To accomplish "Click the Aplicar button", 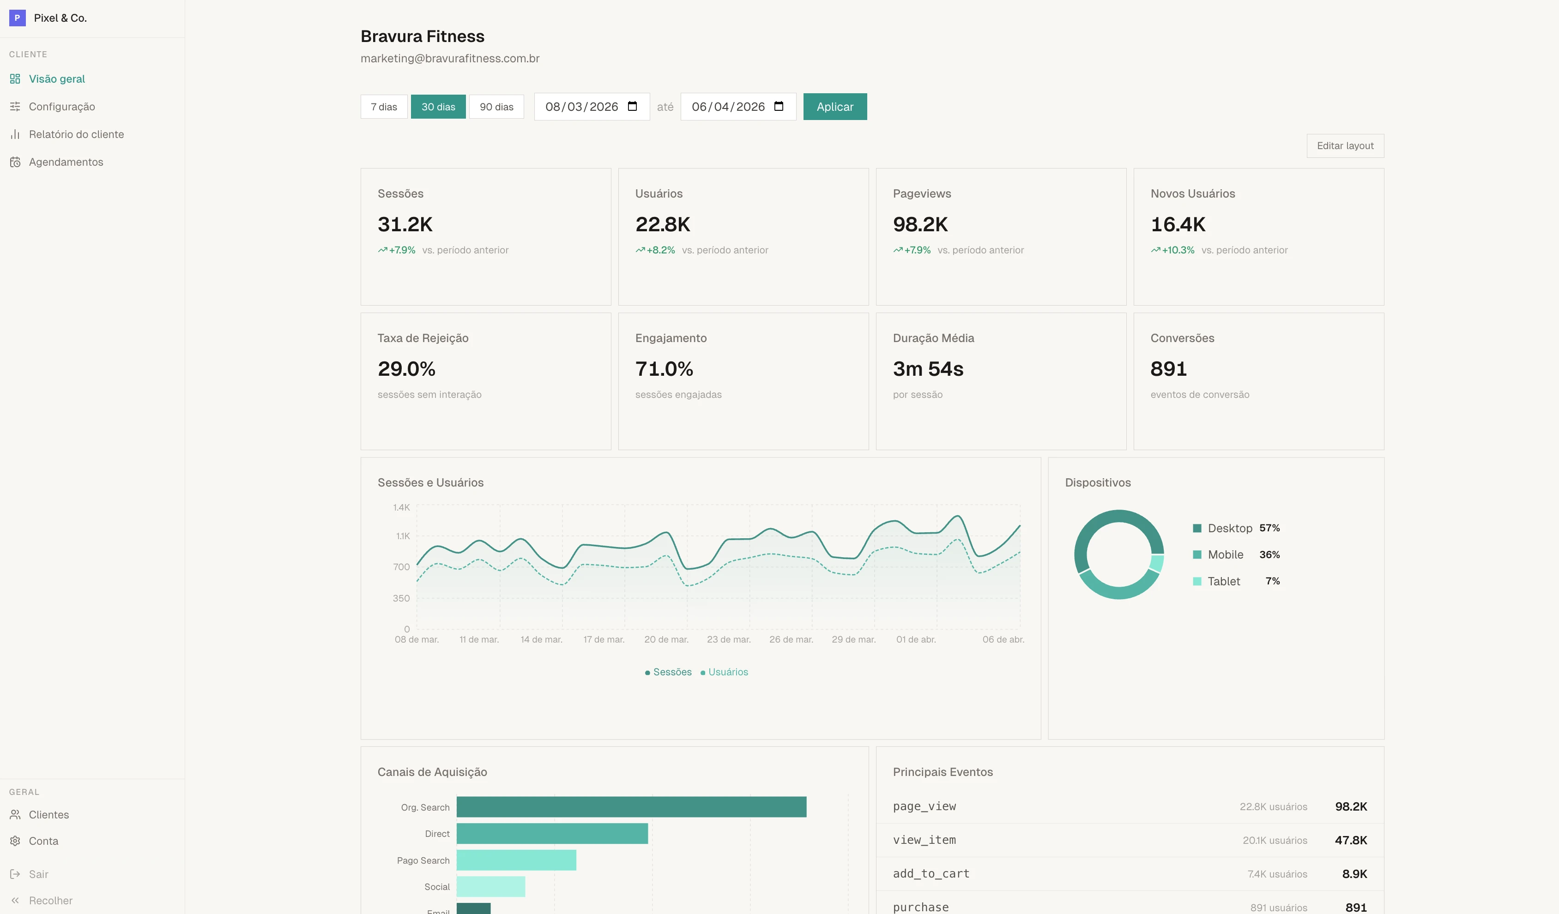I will pos(834,106).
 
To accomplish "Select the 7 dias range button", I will pos(384,106).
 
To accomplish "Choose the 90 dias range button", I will pos(496,106).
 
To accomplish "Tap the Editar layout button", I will pos(1344,145).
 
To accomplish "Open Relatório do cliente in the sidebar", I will pos(76,134).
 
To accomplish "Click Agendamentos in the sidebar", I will pos(66,162).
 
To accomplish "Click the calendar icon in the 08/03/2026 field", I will pos(632,106).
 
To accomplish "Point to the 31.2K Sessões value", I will pos(405,224).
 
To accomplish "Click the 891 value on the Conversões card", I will pos(1168,368).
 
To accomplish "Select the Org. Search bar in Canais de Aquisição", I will pos(631,806).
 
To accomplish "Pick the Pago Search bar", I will pos(516,860).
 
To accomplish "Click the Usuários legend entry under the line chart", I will pos(727,672).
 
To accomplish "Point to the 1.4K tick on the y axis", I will pos(401,507).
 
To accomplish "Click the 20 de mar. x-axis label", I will pos(665,639).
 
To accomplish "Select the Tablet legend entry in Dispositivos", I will pos(1223,581).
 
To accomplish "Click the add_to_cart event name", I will pos(931,873).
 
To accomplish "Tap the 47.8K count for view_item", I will pos(1351,840).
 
